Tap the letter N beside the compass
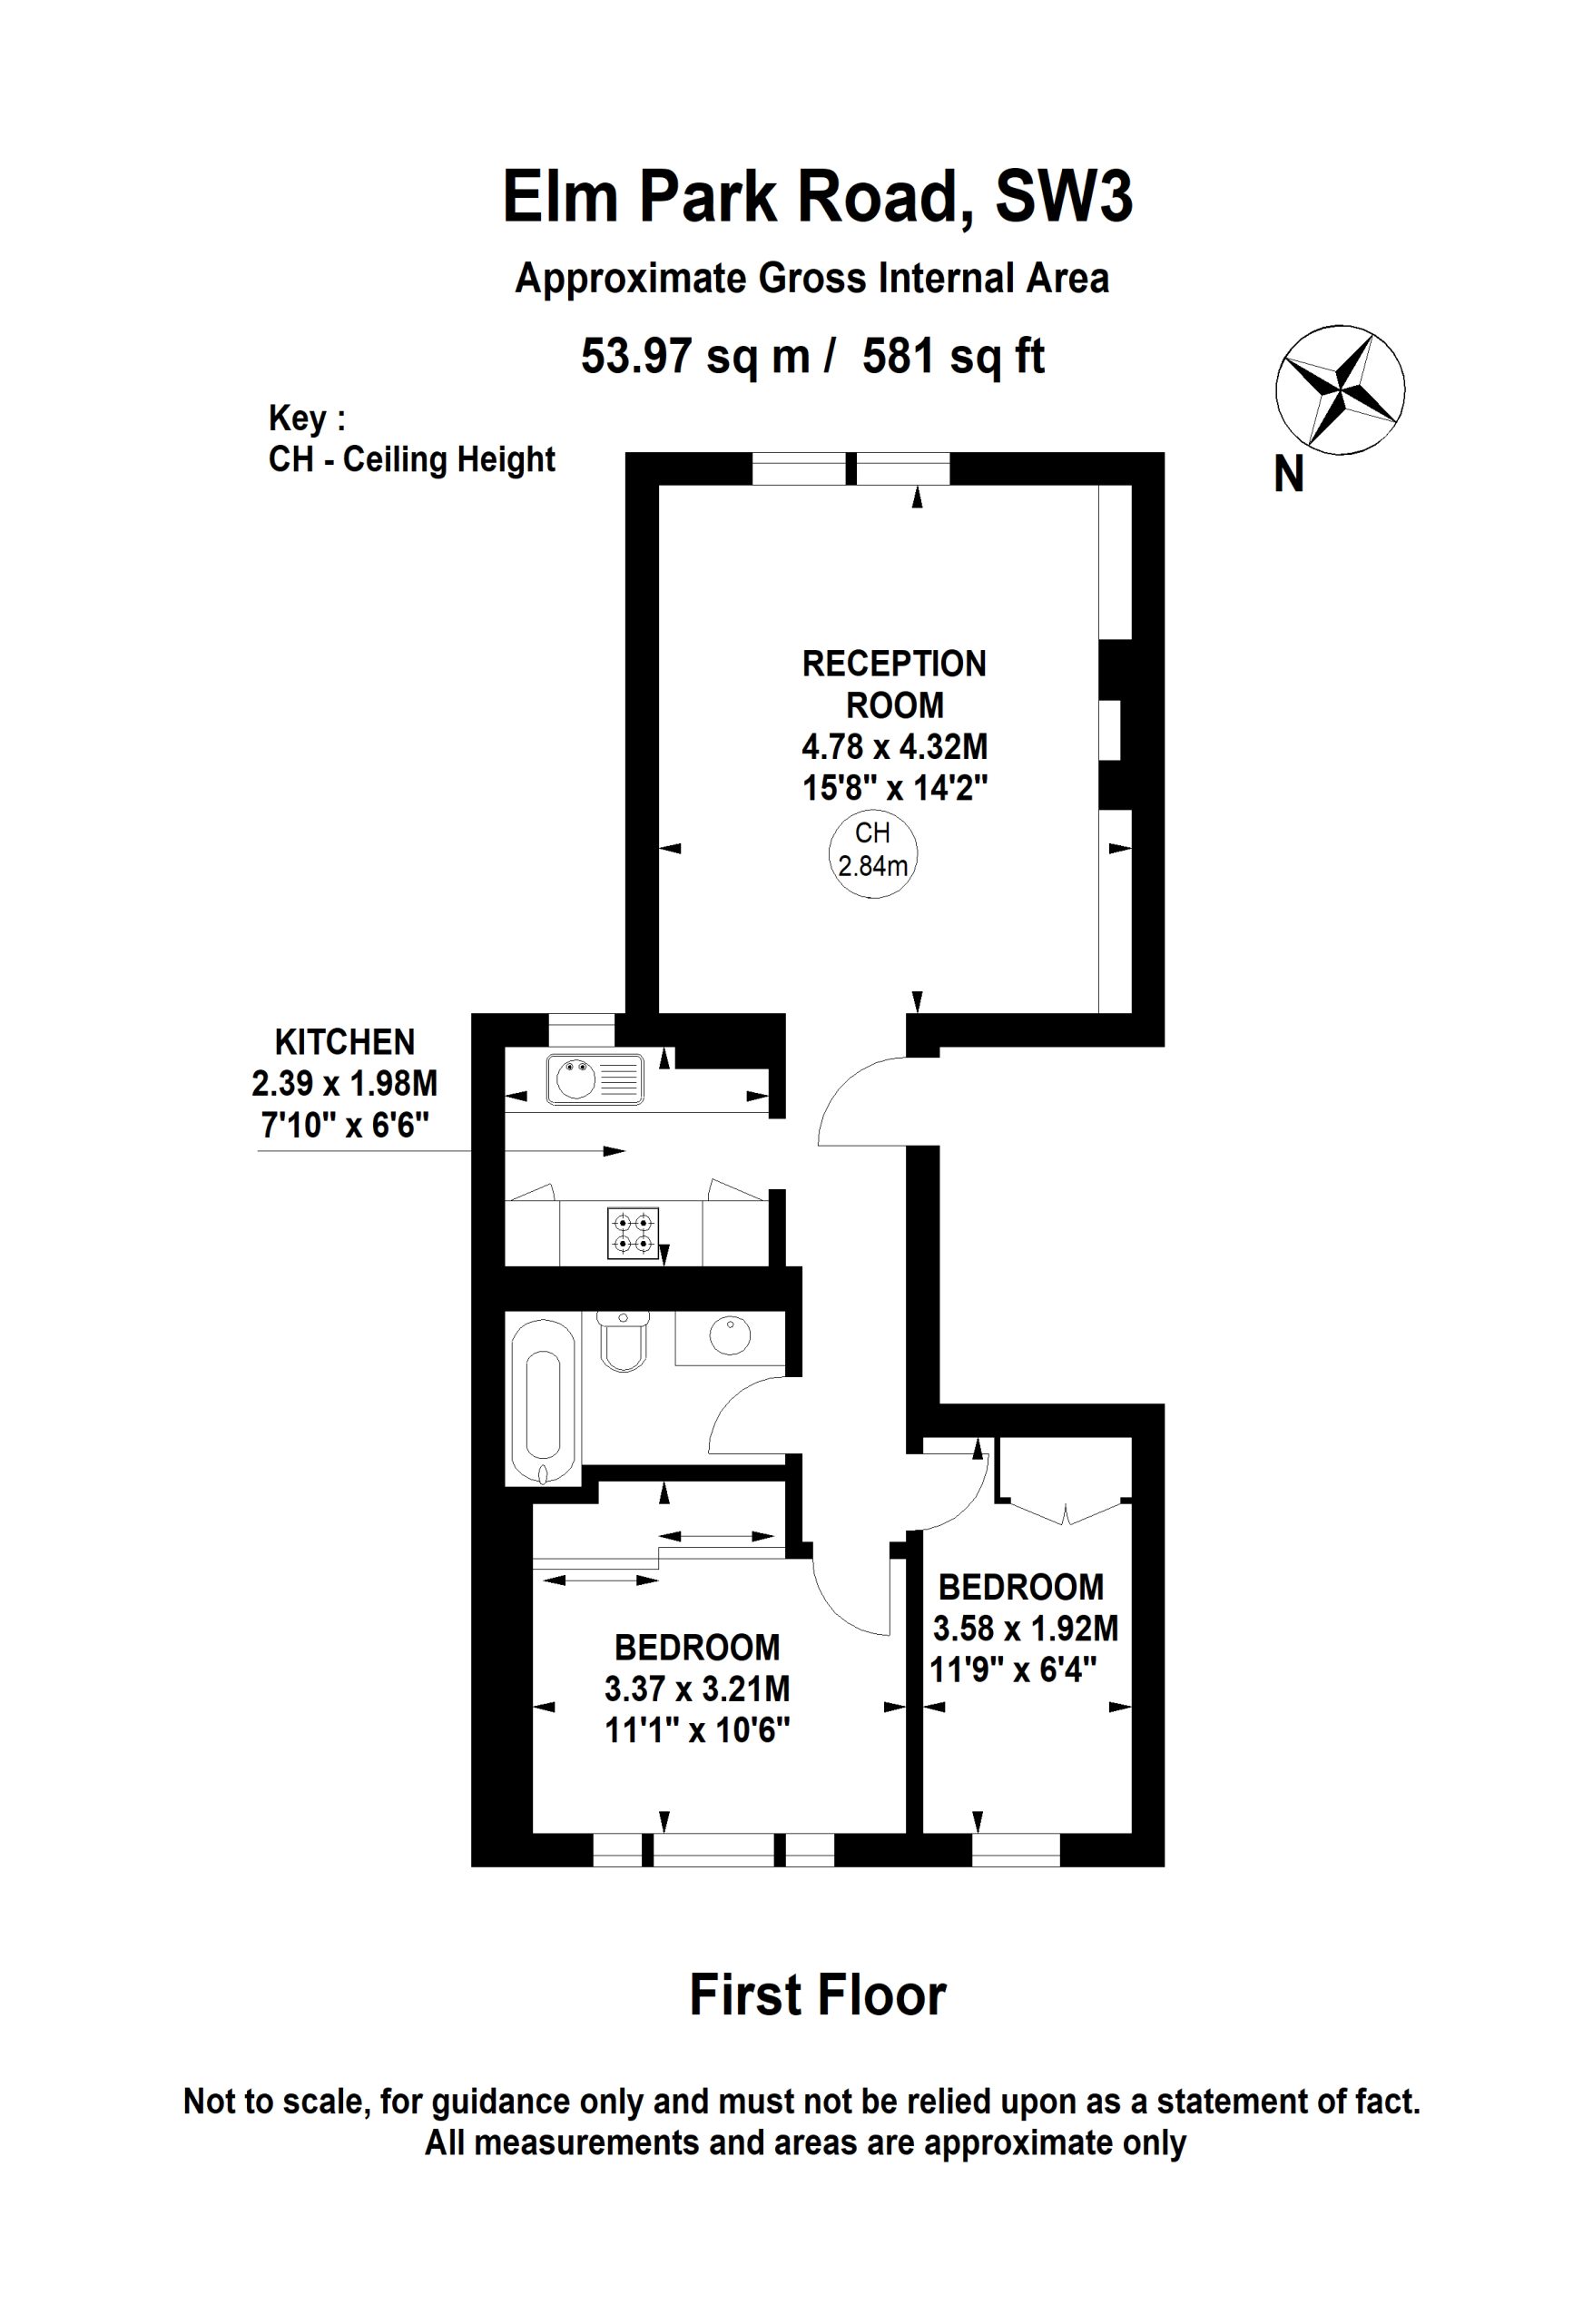(x=1289, y=474)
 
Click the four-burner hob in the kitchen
(x=633, y=1233)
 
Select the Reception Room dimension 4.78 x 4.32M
(x=894, y=746)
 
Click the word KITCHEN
(x=345, y=1042)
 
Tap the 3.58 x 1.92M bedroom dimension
(x=1025, y=1628)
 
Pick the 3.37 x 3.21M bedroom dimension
(x=697, y=1689)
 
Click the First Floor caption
(x=817, y=1996)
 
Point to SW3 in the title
(x=1064, y=196)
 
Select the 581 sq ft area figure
(x=953, y=356)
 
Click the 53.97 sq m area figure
(x=695, y=356)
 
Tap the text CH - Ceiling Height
(x=412, y=460)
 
